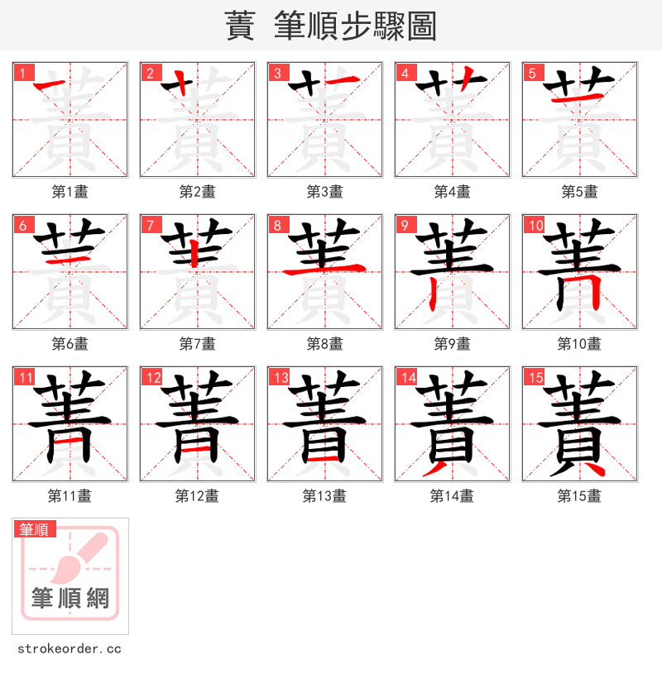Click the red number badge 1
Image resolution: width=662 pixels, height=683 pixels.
tap(22, 73)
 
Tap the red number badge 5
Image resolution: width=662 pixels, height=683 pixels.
tap(532, 73)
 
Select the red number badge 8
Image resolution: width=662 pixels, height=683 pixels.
tap(277, 225)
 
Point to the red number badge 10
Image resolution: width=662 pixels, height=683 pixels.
tap(535, 225)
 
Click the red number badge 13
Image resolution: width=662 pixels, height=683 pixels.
tap(280, 378)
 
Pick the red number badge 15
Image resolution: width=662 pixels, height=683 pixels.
tap(535, 378)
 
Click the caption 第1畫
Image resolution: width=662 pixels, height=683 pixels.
tap(70, 192)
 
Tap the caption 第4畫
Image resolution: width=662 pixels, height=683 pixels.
tap(453, 192)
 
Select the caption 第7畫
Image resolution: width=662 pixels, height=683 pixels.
tap(198, 344)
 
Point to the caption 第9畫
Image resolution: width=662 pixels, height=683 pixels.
tap(453, 344)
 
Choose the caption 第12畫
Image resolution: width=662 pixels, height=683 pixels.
tap(198, 496)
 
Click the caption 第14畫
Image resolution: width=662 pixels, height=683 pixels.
tap(453, 496)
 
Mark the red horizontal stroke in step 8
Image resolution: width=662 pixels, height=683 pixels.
tap(324, 268)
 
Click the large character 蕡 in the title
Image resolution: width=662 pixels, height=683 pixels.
tap(240, 26)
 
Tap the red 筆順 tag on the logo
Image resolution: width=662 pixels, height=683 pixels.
tap(35, 529)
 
